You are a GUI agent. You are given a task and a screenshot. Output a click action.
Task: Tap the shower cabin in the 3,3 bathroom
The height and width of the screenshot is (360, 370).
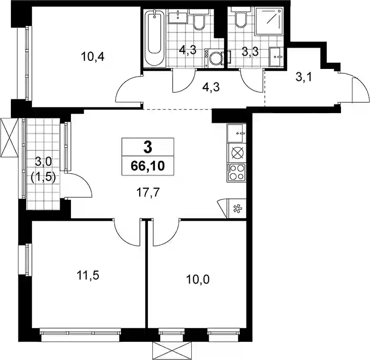[x=269, y=20]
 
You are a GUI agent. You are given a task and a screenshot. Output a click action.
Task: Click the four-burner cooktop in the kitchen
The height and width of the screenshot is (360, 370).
[x=236, y=173]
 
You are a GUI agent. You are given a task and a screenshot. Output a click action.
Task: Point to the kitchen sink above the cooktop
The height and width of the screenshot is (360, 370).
[x=236, y=133]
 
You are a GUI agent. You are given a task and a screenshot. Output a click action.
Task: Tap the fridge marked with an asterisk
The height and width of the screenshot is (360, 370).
[x=236, y=209]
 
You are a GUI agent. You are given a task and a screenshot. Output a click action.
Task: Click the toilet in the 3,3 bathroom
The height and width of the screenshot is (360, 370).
[x=241, y=17]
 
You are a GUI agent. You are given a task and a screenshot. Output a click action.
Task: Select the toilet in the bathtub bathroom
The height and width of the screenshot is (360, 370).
[x=199, y=19]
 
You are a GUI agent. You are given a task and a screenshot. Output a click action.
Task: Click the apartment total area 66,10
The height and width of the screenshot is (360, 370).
[x=148, y=166]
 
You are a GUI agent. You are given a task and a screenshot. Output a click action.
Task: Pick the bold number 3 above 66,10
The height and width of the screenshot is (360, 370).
[x=148, y=148]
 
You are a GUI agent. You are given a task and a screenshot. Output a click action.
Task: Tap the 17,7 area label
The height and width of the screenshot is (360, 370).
[x=148, y=193]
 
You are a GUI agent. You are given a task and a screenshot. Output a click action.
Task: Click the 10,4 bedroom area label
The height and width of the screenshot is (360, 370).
[x=93, y=57]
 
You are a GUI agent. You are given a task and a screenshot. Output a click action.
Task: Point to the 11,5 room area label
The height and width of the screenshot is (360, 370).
[x=88, y=275]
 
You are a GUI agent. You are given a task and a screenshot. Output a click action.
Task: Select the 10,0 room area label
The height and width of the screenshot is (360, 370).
[x=198, y=280]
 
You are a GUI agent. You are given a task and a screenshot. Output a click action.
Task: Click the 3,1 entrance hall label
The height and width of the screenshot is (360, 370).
[x=304, y=77]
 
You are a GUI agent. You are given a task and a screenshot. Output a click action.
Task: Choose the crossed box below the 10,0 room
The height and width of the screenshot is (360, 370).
[x=172, y=351]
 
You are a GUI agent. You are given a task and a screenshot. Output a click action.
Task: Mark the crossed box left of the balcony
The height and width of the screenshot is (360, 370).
[x=10, y=137]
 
